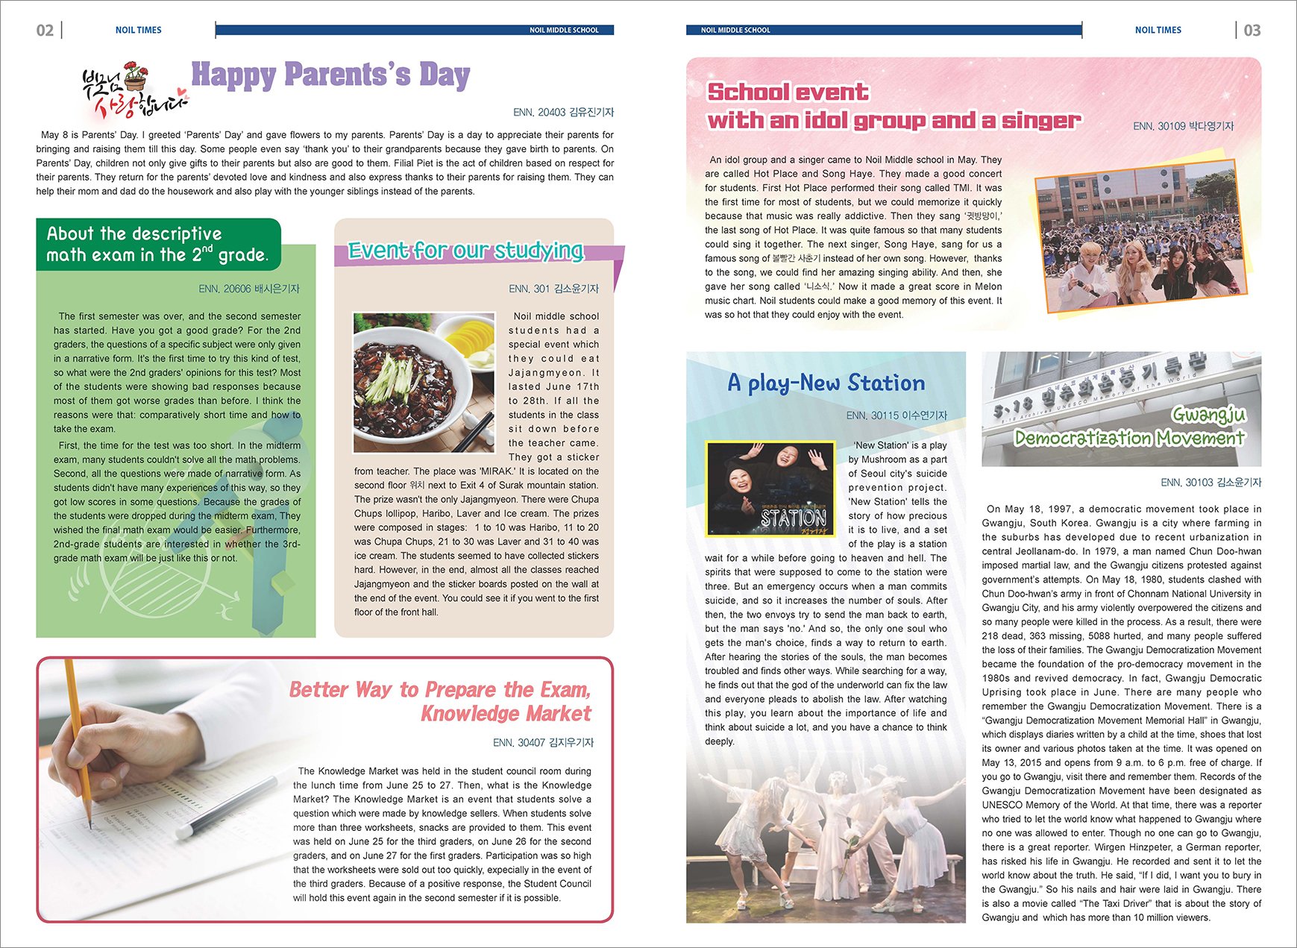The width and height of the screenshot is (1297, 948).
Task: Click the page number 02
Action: coord(45,31)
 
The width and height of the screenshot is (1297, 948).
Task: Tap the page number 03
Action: coord(1252,31)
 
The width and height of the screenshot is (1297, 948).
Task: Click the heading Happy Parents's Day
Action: coord(330,75)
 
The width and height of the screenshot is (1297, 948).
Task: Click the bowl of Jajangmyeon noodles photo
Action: coord(423,382)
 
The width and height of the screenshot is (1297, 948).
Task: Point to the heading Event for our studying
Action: coord(465,251)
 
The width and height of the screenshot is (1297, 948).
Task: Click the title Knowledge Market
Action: coord(506,714)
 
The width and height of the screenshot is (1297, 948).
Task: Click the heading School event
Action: coord(788,92)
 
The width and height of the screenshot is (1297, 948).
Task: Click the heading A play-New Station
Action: coord(826,383)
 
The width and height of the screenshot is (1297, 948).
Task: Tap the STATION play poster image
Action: coord(770,488)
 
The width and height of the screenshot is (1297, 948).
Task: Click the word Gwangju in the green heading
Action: coord(1208,414)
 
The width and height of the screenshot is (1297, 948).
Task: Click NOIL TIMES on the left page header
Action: coord(138,31)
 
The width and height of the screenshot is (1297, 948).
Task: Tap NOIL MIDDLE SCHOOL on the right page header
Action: coord(735,31)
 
